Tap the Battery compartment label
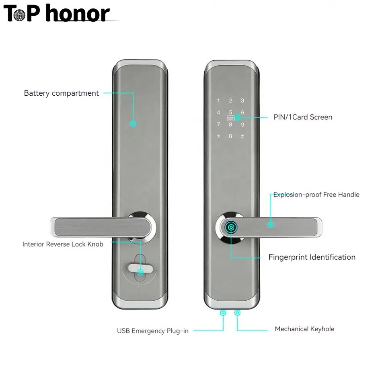(x=61, y=93)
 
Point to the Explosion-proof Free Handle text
(x=316, y=195)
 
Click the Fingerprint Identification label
(x=312, y=257)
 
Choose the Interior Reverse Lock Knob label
(x=63, y=244)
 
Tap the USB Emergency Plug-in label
(x=152, y=331)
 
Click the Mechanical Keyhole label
(x=304, y=329)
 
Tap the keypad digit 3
(x=242, y=101)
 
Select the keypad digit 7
(x=218, y=125)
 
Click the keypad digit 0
(x=230, y=136)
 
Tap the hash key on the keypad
(x=242, y=136)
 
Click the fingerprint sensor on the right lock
(x=232, y=228)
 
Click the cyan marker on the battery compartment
(x=133, y=123)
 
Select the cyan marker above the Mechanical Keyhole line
(x=238, y=312)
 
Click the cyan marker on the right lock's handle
(x=271, y=224)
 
